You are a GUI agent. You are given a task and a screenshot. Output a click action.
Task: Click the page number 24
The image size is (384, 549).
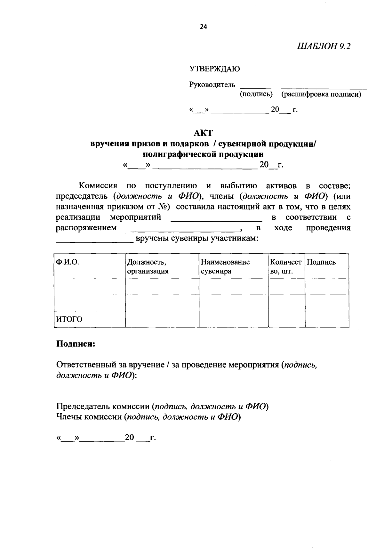tap(204, 27)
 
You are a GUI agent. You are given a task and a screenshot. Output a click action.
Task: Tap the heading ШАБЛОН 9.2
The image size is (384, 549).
tap(324, 46)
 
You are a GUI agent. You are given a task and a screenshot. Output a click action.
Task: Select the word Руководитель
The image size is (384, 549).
tap(212, 85)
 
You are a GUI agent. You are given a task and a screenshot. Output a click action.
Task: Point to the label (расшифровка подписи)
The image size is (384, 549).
tap(321, 94)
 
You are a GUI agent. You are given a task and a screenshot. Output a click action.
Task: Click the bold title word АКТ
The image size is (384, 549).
tap(203, 133)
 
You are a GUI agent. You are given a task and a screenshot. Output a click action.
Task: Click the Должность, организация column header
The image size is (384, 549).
tap(148, 266)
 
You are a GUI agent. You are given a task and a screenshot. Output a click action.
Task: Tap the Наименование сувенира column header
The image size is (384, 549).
tap(225, 266)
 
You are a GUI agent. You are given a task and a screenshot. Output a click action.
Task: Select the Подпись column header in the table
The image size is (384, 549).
tap(321, 262)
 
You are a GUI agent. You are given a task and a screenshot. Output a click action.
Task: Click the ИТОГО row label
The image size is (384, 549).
tap(69, 319)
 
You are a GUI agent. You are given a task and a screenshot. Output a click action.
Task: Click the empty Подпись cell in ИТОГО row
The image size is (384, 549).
tap(326, 319)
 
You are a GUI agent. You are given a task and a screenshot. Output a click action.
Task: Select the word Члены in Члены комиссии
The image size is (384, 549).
tap(68, 417)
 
